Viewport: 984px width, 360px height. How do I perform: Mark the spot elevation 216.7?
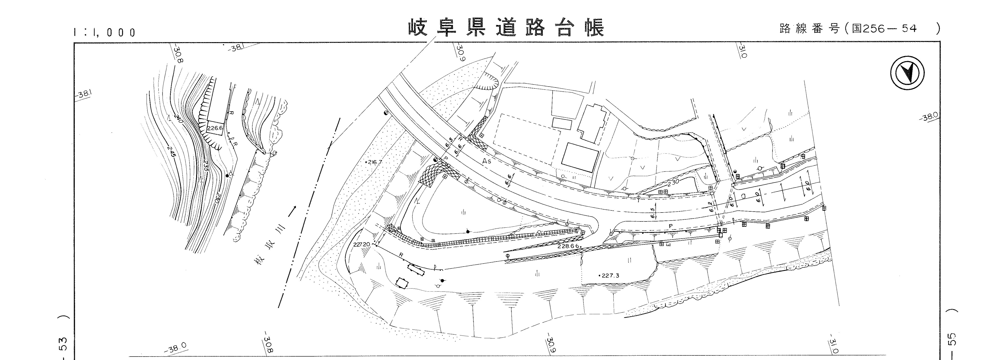[374, 162]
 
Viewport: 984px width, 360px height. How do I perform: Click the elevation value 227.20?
[361, 244]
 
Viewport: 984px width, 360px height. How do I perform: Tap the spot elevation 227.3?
[610, 275]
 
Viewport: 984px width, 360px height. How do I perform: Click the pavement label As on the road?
[486, 162]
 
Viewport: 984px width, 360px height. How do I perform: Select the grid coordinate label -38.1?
[84, 94]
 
